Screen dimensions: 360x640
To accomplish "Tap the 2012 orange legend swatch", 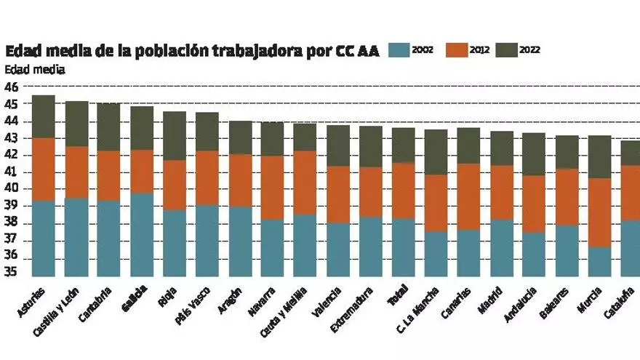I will point(455,50).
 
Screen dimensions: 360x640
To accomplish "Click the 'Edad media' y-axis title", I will point(35,71).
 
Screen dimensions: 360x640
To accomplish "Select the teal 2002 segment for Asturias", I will point(44,239).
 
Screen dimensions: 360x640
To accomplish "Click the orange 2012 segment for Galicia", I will point(142,172).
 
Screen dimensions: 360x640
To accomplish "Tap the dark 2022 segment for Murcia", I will point(599,156).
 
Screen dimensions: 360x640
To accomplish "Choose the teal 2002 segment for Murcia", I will point(599,262).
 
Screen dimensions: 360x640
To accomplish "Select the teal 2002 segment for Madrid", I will point(502,248).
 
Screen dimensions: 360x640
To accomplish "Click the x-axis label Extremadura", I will point(353,311).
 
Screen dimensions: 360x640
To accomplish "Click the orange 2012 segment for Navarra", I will point(273,188).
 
